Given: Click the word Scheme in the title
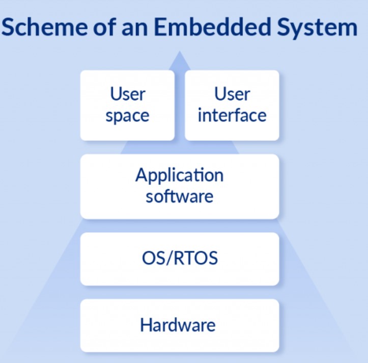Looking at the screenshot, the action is [x=44, y=27].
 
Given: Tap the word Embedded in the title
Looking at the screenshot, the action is [x=212, y=27].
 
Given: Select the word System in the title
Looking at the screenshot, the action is [x=317, y=28].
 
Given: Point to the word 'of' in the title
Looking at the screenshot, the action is [x=105, y=27].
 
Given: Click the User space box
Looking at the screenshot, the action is [x=127, y=106].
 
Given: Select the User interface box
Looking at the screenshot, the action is [x=232, y=106].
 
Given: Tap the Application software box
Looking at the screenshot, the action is [x=180, y=187].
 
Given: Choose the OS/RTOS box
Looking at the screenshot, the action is [x=180, y=259].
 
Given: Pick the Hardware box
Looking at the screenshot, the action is [x=180, y=326].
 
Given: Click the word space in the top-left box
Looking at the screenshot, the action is [x=127, y=116].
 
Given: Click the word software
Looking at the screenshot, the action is [x=180, y=196].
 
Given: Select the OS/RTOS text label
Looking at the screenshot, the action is [x=180, y=258].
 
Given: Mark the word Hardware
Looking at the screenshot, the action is [x=178, y=325].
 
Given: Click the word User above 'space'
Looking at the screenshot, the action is [x=128, y=94].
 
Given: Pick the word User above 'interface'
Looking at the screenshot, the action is [x=232, y=94].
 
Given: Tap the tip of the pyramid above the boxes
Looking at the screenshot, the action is [x=180, y=51].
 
